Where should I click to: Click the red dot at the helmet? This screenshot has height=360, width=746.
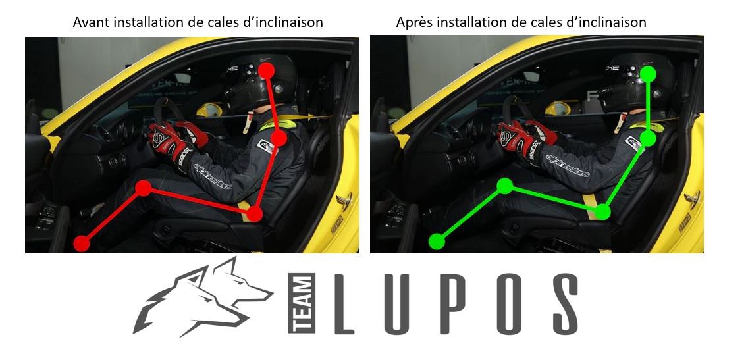point(266,69)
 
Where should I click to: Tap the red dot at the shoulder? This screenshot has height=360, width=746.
point(279,138)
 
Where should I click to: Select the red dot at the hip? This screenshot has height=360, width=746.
point(255,214)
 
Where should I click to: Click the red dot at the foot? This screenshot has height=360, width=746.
point(81,243)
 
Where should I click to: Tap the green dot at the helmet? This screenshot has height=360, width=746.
point(649,73)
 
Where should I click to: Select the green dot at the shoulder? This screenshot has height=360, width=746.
point(649,138)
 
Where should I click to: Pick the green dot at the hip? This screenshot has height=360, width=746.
point(602,211)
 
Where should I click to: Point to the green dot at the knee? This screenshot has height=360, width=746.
point(504,186)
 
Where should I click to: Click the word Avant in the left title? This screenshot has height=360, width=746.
point(92,22)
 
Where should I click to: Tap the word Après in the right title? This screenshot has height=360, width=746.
point(413,22)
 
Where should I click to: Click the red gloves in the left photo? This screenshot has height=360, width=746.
point(170,140)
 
